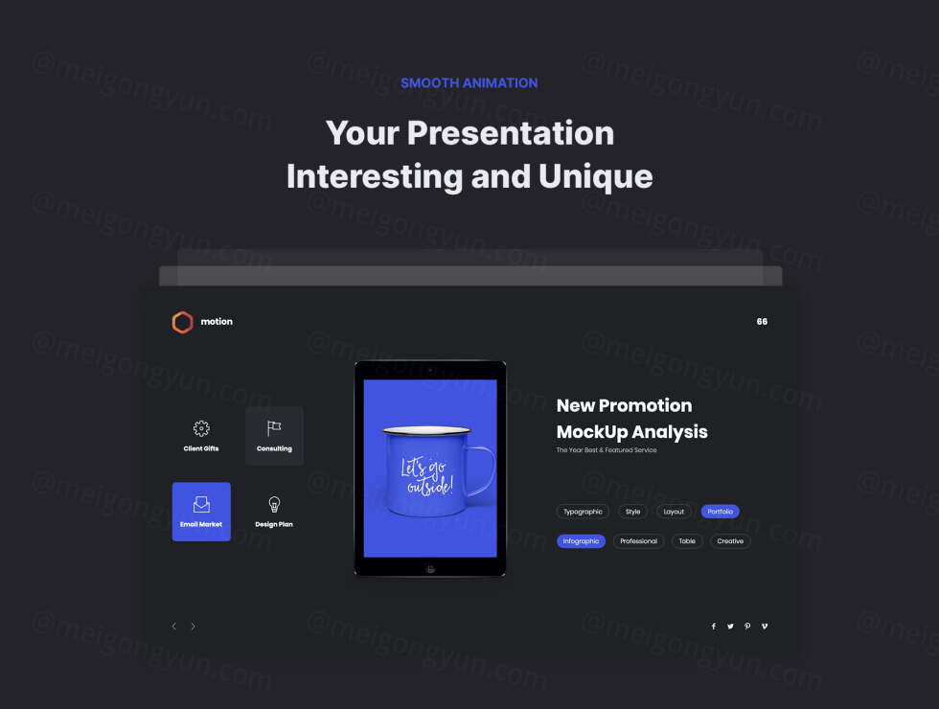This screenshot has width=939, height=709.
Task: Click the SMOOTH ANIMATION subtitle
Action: [469, 83]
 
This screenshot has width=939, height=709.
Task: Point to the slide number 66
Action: [762, 322]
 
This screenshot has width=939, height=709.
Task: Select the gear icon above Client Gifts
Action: [201, 428]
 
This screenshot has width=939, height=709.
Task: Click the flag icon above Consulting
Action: [274, 428]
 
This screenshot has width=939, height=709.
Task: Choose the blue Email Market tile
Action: [201, 512]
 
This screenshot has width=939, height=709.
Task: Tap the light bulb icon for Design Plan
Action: [274, 504]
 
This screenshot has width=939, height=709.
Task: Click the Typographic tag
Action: [583, 512]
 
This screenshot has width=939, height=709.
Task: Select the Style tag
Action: [633, 512]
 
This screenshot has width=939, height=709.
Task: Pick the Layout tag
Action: [674, 512]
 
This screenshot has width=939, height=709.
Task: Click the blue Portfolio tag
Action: [720, 512]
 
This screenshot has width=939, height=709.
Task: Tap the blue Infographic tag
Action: [581, 541]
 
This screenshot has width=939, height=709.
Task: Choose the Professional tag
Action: [638, 541]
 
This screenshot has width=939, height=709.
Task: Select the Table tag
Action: [687, 541]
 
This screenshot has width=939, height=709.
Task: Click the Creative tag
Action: [730, 541]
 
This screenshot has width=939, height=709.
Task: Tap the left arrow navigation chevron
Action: [173, 627]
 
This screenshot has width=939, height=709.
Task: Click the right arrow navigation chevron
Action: [193, 627]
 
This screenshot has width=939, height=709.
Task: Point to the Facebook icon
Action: [713, 627]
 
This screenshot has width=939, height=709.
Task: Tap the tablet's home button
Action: [430, 568]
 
